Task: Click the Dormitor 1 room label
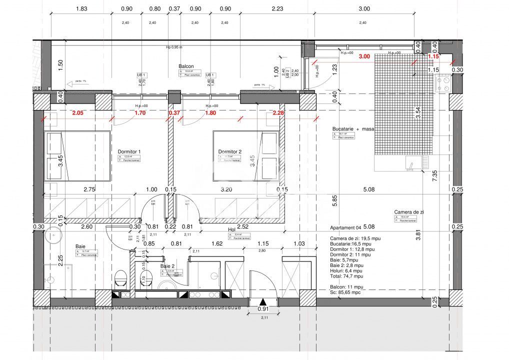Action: [129, 151]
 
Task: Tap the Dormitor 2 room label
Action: [229, 151]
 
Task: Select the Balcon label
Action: [186, 66]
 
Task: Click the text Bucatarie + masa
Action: [353, 128]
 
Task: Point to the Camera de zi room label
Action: [408, 212]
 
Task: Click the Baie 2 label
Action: [167, 266]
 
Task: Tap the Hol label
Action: [231, 230]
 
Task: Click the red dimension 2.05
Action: [77, 113]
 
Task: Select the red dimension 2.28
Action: [278, 113]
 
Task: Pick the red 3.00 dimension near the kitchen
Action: [364, 56]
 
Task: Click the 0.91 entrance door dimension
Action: [263, 309]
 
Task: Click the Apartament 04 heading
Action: [348, 227]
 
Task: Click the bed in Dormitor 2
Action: [245, 155]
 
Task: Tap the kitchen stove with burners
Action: [443, 83]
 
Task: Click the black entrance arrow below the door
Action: [263, 301]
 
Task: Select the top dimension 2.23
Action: [277, 8]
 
